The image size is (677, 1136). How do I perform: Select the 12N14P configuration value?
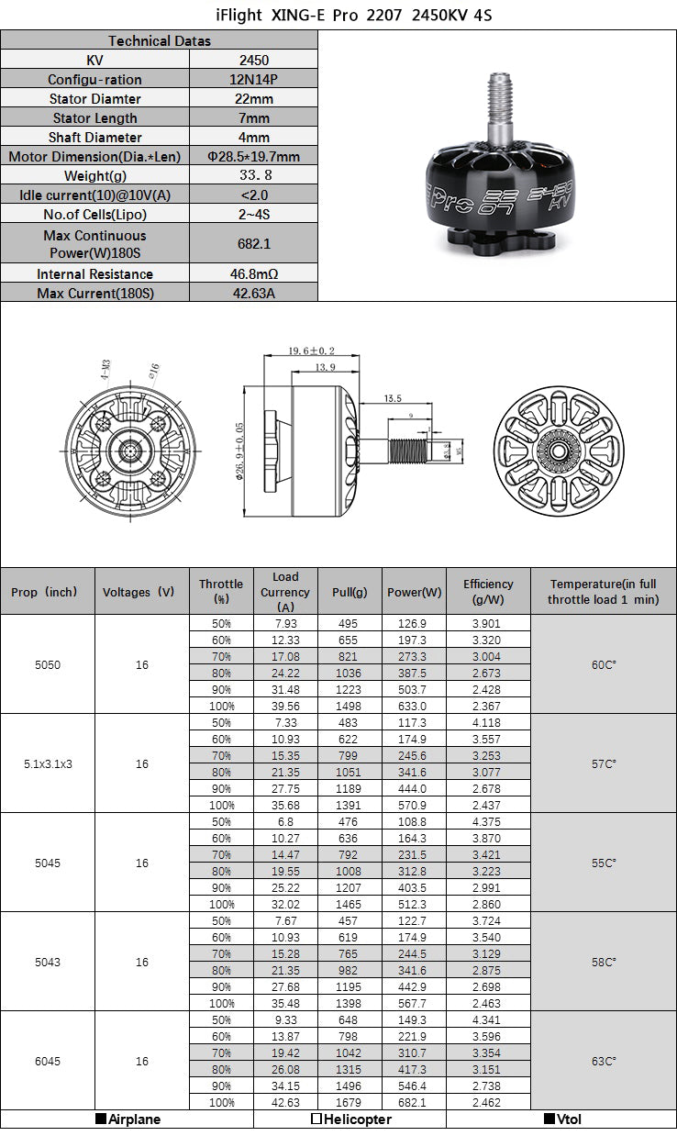pos(253,80)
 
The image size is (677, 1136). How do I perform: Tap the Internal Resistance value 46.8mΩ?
pos(253,274)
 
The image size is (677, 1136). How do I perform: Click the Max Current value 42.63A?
pos(253,294)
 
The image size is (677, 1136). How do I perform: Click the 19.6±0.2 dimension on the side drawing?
pos(311,351)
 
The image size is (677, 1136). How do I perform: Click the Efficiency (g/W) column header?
pos(488,591)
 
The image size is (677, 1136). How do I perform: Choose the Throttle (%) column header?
pos(221,591)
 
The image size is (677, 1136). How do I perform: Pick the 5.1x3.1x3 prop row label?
pos(48,763)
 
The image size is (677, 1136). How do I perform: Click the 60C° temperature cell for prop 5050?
pos(604,664)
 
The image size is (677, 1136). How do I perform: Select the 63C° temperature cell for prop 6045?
pos(604,1061)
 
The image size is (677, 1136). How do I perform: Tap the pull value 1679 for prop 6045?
pos(349,1102)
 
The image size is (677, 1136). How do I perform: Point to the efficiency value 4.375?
pos(488,821)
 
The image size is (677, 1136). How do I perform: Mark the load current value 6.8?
pos(285,821)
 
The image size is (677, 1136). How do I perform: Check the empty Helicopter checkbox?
pos(316,1119)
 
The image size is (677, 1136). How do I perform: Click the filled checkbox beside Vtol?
pos(549,1119)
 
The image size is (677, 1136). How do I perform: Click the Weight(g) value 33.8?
pos(253,176)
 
